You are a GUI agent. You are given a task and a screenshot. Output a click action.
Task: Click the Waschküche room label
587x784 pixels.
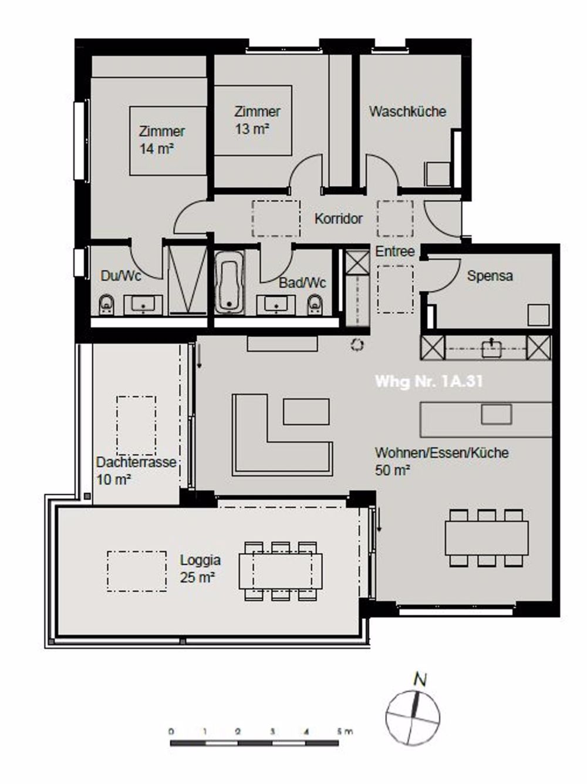tap(407, 112)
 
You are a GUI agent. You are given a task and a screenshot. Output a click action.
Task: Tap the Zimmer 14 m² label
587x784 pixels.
tap(161, 140)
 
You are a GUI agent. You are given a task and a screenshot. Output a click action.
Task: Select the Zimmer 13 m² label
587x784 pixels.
tap(257, 120)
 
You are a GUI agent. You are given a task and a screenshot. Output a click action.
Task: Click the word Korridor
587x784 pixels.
tap(339, 219)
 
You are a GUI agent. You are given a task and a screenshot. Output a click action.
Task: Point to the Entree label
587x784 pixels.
tap(395, 251)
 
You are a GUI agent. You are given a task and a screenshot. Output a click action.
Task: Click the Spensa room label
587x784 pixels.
tap(490, 275)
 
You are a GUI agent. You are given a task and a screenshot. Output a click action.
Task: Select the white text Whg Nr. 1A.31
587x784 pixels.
tap(429, 381)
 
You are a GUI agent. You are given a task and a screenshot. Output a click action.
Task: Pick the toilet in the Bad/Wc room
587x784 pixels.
tap(315, 304)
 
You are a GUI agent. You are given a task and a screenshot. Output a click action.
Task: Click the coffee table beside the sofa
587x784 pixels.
tap(306, 411)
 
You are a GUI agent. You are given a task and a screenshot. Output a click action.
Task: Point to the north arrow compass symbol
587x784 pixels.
tap(413, 711)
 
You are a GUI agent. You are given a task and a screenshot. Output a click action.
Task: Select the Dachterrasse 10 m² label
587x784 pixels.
tap(136, 470)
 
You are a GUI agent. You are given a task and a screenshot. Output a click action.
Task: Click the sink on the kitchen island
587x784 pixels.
tap(496, 415)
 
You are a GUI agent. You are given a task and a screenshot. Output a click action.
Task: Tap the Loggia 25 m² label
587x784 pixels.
tap(200, 568)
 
